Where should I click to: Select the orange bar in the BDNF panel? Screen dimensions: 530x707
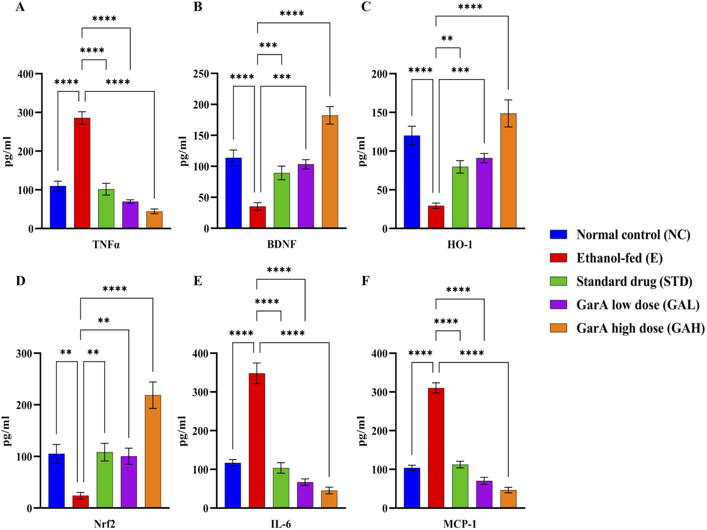[x=330, y=171]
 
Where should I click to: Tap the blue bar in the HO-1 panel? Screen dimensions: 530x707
[x=412, y=182]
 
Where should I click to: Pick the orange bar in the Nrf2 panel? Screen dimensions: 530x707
[x=153, y=451]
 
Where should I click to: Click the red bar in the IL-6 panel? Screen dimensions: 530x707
[x=257, y=440]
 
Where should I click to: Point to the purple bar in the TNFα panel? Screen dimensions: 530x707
[x=130, y=215]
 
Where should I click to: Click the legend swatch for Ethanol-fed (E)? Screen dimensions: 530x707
[x=558, y=258]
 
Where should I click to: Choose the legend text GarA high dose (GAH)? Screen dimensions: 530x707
[x=640, y=328]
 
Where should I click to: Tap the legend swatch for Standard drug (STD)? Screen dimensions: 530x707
[x=558, y=281]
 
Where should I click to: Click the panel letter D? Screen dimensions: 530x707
[x=20, y=281]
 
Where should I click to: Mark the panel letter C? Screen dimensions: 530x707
[x=365, y=7]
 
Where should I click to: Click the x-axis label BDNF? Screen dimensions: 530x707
[x=282, y=244]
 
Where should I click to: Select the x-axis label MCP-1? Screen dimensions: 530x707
[x=460, y=524]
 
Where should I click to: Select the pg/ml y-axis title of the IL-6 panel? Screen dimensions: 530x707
[x=183, y=430]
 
